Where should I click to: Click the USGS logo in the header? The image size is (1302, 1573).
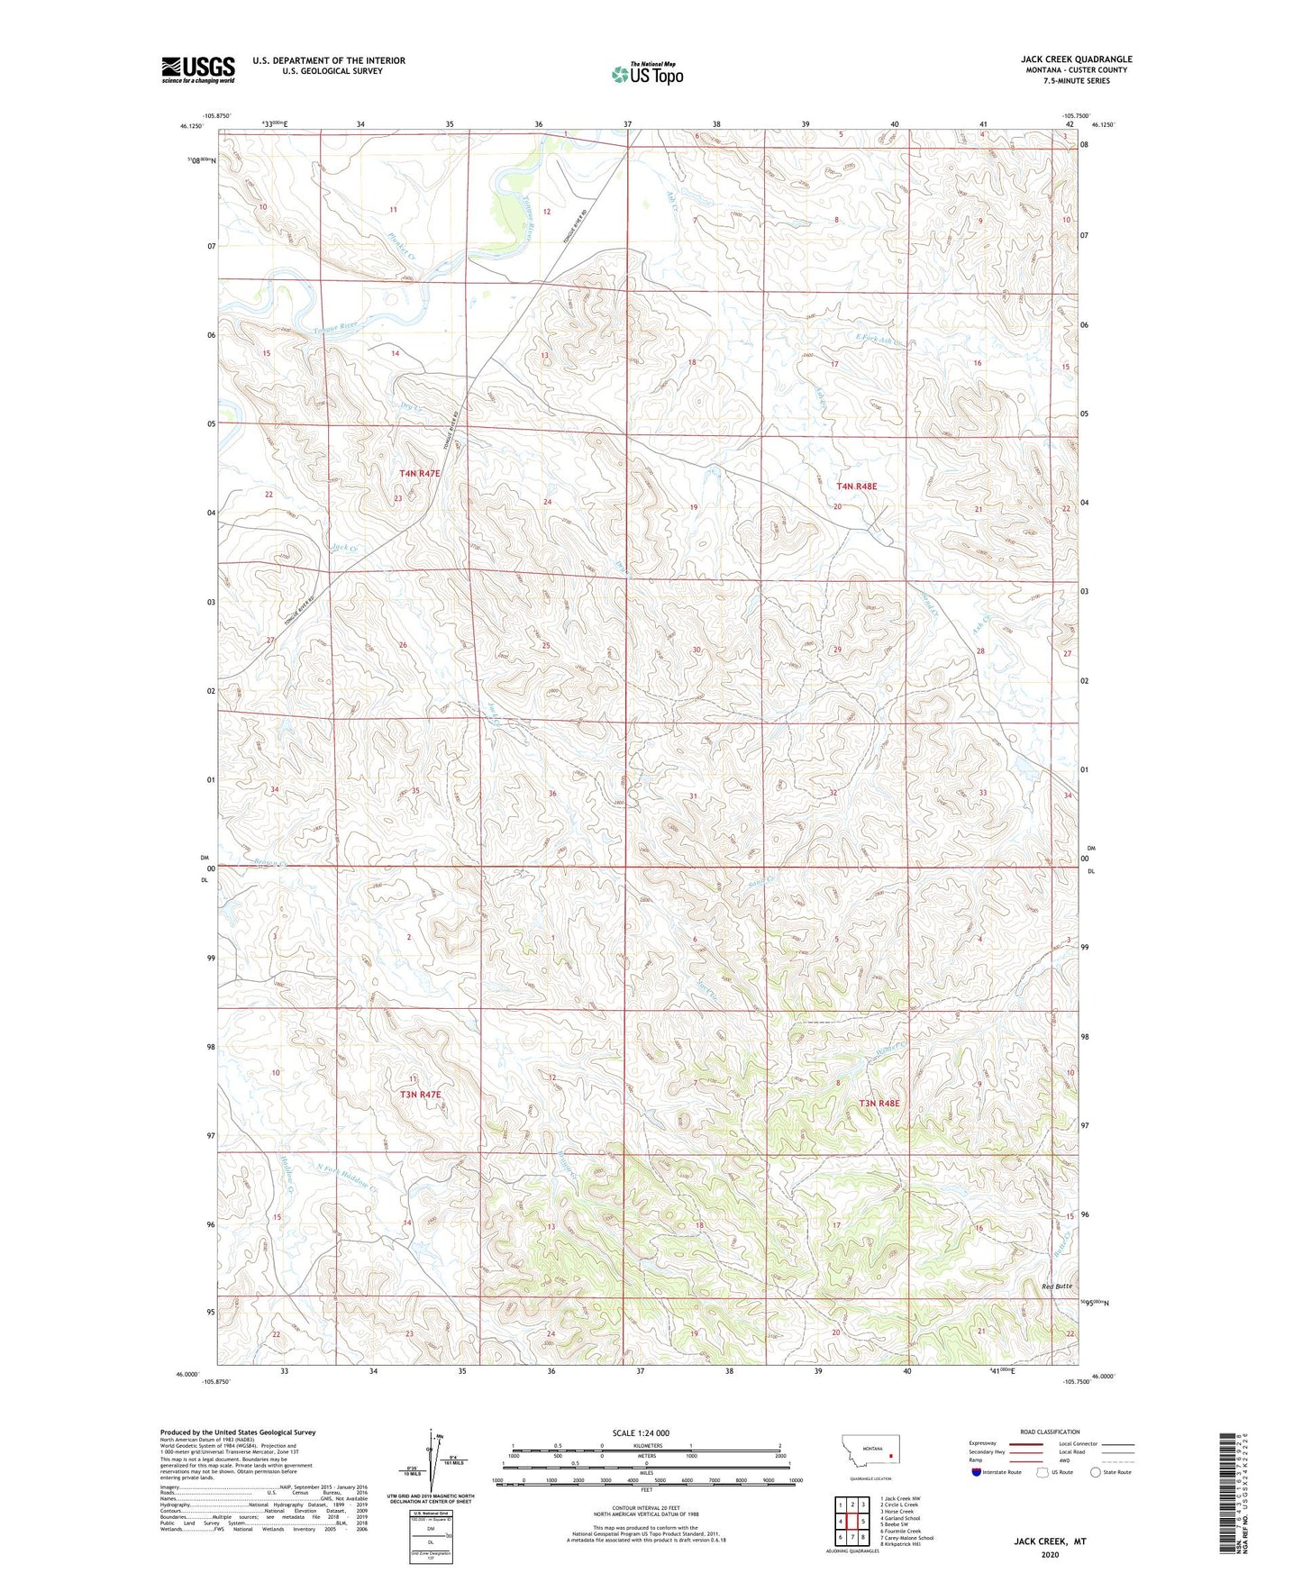tap(198, 69)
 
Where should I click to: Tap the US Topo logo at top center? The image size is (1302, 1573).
tap(647, 74)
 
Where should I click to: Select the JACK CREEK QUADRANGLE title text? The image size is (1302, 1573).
tap(1070, 59)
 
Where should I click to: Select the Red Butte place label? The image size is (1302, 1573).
tap(1056, 1287)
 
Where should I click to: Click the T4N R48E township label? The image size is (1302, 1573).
tap(856, 486)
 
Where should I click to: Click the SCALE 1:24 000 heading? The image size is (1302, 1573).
tap(641, 1432)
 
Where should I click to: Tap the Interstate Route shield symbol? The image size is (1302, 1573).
tap(977, 1472)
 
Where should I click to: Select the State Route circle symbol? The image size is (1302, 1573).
tap(1096, 1472)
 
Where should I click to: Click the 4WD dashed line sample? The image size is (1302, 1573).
tap(1117, 1460)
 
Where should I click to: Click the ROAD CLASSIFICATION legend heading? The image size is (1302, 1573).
tap(1049, 1432)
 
